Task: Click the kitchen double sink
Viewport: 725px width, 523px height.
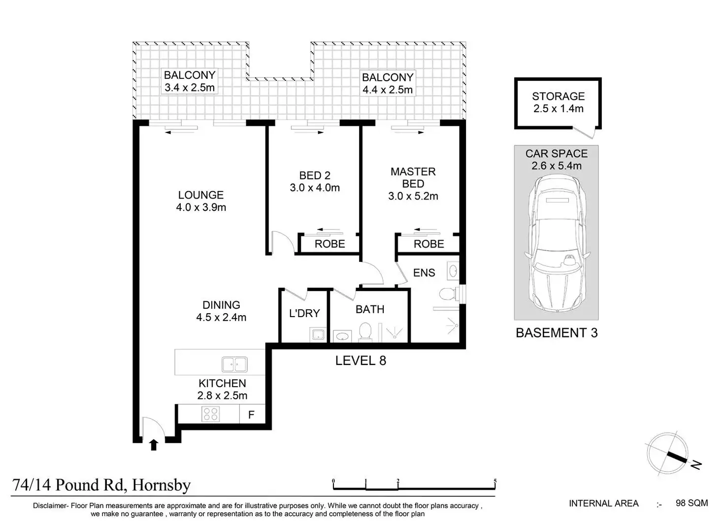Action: point(234,364)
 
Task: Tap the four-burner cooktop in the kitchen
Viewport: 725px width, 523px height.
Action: point(210,414)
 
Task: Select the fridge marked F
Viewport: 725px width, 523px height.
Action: point(252,414)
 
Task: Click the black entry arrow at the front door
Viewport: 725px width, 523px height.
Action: point(154,445)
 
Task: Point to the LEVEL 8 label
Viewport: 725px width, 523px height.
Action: point(361,361)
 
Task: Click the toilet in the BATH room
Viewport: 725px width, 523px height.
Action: point(365,332)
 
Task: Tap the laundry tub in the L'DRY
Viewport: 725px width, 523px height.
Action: point(317,334)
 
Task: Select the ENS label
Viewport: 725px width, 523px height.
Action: point(424,273)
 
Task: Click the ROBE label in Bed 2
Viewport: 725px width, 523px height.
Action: point(330,244)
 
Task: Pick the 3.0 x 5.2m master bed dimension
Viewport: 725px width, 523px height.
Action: point(413,196)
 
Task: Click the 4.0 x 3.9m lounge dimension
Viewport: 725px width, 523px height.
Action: point(201,207)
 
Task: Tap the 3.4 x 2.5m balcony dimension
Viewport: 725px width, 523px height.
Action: point(190,87)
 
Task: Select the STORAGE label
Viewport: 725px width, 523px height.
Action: point(559,96)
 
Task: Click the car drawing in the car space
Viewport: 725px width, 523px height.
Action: point(557,243)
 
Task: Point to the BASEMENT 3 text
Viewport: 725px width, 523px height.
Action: point(557,333)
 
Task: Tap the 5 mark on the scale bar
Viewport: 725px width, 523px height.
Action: point(495,481)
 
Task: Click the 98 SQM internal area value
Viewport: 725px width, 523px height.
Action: point(692,503)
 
